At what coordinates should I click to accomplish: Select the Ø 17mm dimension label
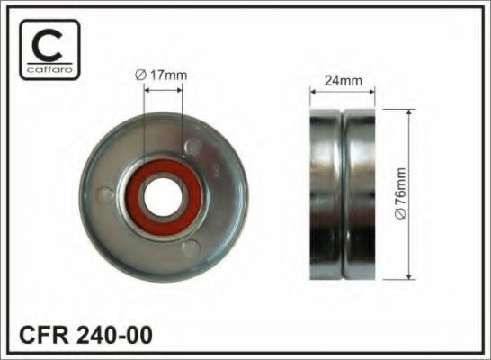point(161,76)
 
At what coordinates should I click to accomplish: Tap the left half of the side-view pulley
point(326,193)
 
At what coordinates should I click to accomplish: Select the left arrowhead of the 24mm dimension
point(313,89)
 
